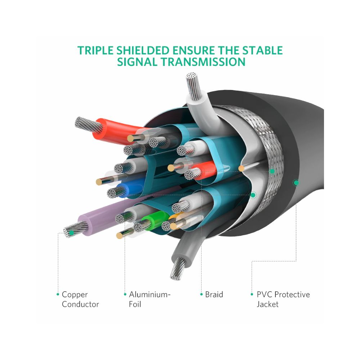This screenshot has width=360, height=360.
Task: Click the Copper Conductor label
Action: pos(80,299)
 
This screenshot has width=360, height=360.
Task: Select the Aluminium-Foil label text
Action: pos(149,299)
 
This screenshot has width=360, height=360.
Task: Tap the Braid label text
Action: pos(214,294)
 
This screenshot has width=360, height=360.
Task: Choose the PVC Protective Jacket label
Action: pos(283,299)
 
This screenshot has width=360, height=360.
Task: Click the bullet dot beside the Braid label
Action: pos(202,294)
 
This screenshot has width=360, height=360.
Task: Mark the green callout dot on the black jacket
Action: pos(296,183)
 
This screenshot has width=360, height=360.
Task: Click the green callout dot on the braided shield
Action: pos(272,171)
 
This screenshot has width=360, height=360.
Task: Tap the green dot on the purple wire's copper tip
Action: pos(71,233)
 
